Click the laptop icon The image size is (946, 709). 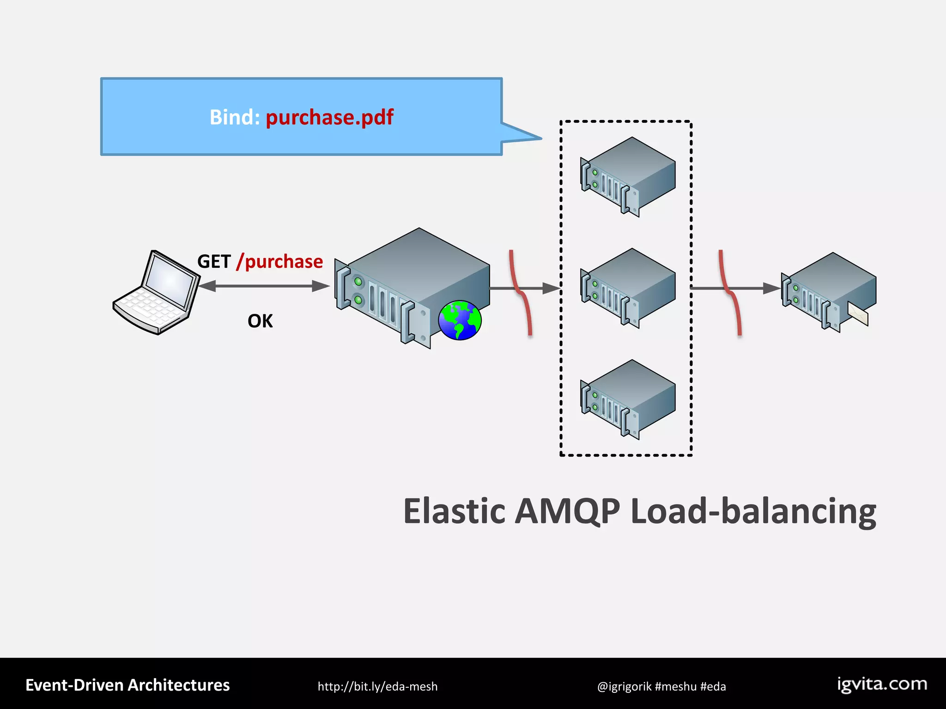(x=156, y=293)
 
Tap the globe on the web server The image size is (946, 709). (x=460, y=320)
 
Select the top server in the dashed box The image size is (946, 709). (x=628, y=176)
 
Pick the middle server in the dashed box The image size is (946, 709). (x=628, y=288)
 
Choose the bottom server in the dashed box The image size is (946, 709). (x=628, y=399)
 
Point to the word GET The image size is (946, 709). (x=214, y=262)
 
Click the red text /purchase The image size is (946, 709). (x=279, y=262)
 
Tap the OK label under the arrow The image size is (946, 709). (x=260, y=321)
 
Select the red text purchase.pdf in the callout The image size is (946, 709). (x=329, y=117)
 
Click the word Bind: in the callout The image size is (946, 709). (x=235, y=117)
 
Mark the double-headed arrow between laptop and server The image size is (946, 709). (x=264, y=286)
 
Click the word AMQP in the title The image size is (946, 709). (x=567, y=511)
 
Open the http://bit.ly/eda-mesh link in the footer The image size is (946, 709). (x=377, y=686)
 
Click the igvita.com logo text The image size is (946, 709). (x=882, y=684)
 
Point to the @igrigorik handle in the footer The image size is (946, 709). (x=624, y=686)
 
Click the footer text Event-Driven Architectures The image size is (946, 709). (x=127, y=685)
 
